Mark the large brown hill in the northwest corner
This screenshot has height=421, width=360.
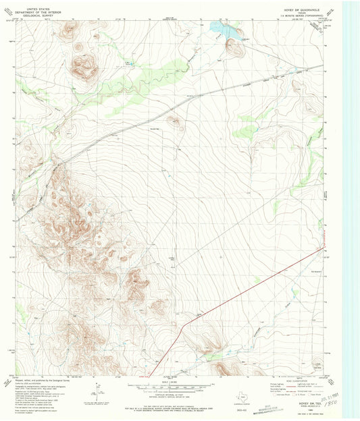point(84,66)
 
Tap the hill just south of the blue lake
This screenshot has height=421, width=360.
point(234,48)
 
